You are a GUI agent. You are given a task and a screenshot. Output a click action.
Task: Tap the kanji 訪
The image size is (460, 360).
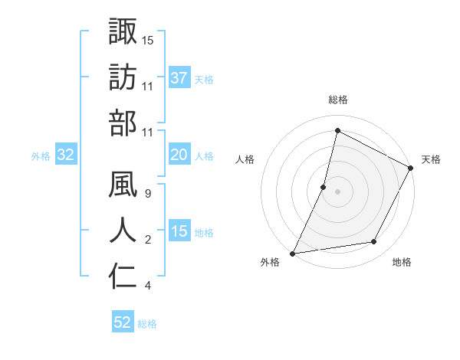point(123,77)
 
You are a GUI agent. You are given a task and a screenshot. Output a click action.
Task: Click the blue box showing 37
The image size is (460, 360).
point(179,78)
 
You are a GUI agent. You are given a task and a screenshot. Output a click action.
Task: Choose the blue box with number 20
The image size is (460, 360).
point(179,155)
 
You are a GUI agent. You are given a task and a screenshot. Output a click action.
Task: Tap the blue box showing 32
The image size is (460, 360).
point(66,155)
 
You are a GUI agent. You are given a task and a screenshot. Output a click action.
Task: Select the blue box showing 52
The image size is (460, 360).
point(123,322)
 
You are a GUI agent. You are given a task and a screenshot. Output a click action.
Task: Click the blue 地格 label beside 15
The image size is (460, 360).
point(205,233)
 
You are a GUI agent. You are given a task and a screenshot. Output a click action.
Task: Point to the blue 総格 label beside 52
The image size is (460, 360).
point(147,324)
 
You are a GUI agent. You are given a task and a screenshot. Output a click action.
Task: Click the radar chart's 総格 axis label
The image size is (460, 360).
point(337,100)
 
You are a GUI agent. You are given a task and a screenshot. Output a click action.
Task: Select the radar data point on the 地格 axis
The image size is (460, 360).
point(374,242)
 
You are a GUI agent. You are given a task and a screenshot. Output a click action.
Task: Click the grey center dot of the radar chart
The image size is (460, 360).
point(337,191)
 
